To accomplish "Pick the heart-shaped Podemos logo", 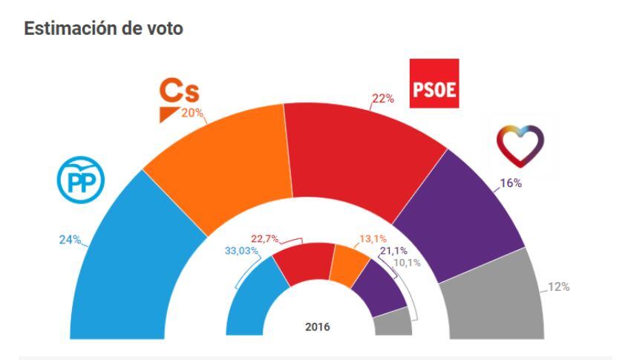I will [521, 143].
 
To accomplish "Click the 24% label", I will [70, 240].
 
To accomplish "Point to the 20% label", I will [193, 112].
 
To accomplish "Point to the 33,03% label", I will [242, 251].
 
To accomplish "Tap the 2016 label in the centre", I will [318, 327].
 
